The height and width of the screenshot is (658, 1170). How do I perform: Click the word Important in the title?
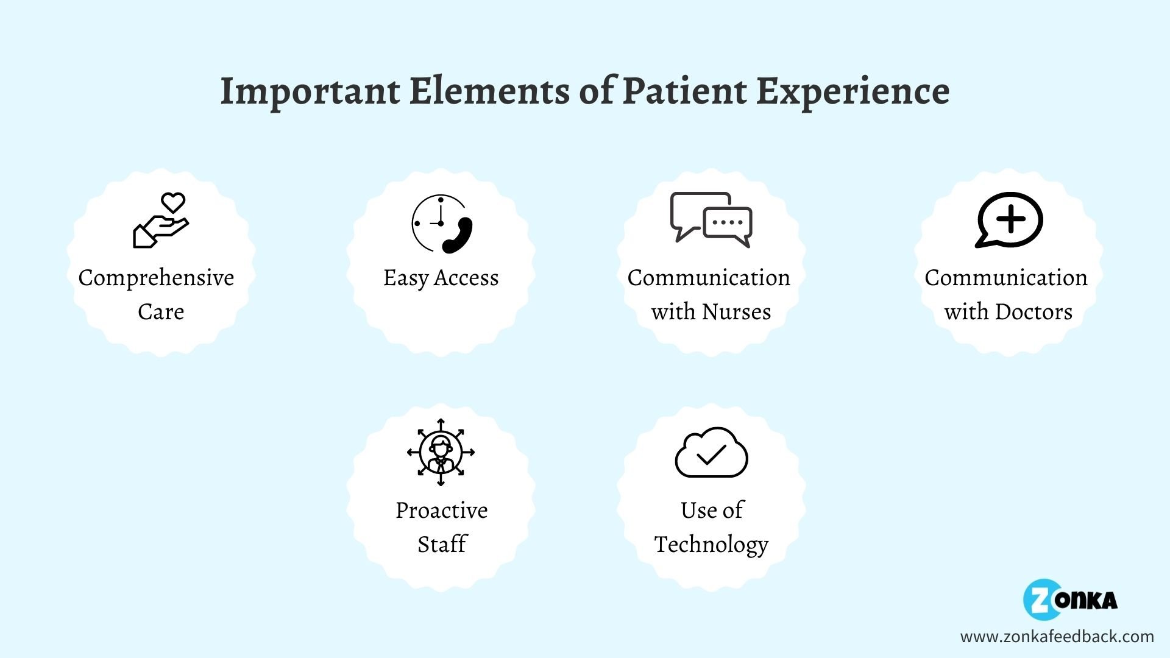pos(310,91)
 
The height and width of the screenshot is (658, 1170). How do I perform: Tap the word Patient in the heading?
pos(684,91)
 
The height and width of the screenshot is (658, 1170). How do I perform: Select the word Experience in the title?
pos(853,91)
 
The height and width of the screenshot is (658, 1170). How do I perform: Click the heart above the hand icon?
pos(173,202)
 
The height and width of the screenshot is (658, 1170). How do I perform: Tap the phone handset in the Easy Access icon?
pos(458,235)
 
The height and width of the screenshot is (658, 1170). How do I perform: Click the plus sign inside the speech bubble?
pos(1011,219)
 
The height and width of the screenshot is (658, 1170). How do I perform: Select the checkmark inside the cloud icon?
pos(711,455)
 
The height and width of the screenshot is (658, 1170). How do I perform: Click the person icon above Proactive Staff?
pos(441,452)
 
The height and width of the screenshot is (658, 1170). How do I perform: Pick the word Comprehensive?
pos(156,278)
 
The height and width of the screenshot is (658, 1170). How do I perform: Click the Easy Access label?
pos(441,278)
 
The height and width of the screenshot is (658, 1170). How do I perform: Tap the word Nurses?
pos(736,312)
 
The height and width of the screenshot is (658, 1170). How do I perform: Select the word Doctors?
pos(1033,312)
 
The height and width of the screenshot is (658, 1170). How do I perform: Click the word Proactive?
pos(441,511)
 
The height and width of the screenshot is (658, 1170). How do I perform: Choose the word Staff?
pos(441,544)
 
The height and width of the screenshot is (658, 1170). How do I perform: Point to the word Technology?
pos(711,545)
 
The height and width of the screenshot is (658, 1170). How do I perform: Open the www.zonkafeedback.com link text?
pos(1057,637)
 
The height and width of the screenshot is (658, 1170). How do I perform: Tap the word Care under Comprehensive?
pos(161,312)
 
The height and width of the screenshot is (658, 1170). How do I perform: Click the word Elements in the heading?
pos(489,91)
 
